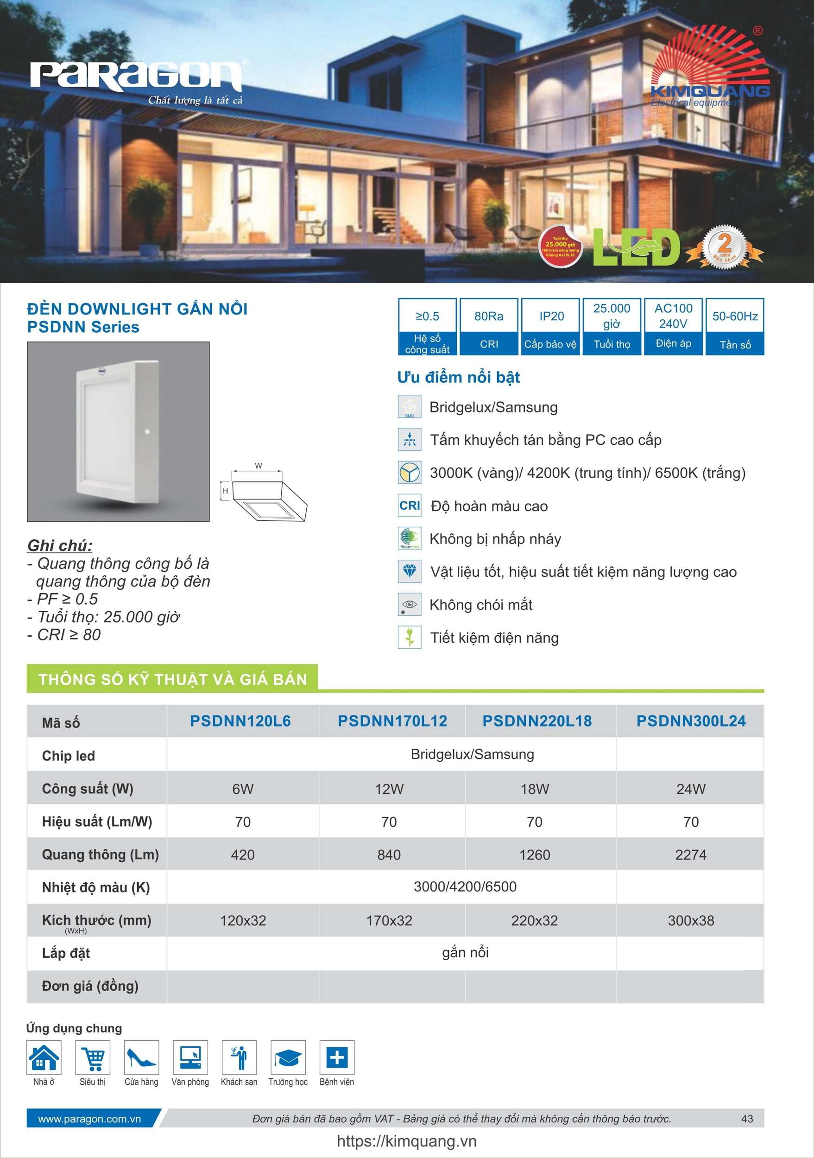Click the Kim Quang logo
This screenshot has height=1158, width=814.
coord(708,68)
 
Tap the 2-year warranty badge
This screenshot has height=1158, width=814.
coord(724,247)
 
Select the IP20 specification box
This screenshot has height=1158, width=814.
coord(551,326)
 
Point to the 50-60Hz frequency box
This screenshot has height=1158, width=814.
coord(735,326)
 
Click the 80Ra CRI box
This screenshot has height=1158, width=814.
coord(489,326)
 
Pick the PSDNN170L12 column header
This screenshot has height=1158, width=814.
coord(392,721)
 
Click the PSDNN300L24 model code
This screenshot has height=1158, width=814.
coord(690,721)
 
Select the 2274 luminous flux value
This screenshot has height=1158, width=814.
coord(690,855)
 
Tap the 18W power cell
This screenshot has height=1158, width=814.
coord(535,789)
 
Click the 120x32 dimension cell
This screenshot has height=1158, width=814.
coord(243,920)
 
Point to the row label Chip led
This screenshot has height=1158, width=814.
coord(68,755)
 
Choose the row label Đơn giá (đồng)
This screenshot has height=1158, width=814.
coord(90,986)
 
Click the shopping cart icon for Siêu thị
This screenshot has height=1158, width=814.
coord(93,1057)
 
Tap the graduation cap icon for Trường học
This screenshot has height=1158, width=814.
coord(288,1057)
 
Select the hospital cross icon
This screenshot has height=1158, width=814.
coord(337,1057)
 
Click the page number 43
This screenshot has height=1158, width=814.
coord(747,1119)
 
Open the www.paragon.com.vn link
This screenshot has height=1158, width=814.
coord(89,1119)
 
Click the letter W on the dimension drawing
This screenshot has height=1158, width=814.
coord(258,466)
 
